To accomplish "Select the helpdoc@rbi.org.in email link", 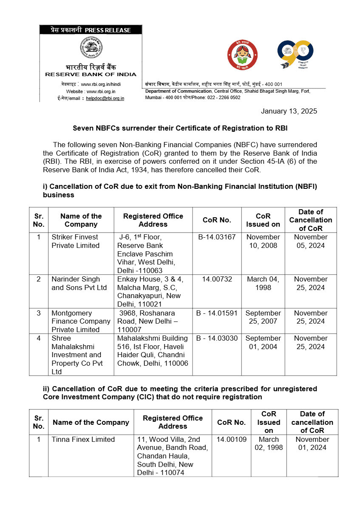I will (x=105, y=98).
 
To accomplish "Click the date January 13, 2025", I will (x=289, y=111).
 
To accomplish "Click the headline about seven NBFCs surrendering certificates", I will (x=180, y=128).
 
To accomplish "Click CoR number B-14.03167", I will (x=217, y=237).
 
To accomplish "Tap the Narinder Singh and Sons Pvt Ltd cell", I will (x=79, y=283).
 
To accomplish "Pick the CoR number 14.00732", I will (x=217, y=279).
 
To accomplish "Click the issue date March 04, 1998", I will (x=263, y=283).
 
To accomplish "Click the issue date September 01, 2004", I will (x=263, y=342).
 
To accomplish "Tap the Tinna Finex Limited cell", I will (x=83, y=439).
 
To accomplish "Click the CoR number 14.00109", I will (x=231, y=439).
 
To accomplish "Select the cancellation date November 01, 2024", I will (x=312, y=443).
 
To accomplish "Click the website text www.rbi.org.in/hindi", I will (x=101, y=85).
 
